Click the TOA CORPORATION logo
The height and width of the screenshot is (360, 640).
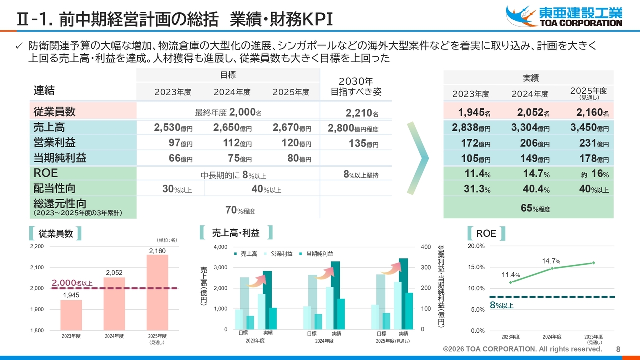pyautogui.click(x=564, y=16)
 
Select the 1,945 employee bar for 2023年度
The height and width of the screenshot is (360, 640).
pyautogui.click(x=71, y=315)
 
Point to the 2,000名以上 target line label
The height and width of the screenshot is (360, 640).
pyautogui.click(x=72, y=283)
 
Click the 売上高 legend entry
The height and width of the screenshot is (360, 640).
pyautogui.click(x=246, y=254)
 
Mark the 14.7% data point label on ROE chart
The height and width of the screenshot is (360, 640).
pyautogui.click(x=551, y=261)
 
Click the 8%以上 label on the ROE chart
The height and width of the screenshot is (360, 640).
pyautogui.click(x=501, y=305)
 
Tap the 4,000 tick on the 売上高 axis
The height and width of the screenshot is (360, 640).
pyautogui.click(x=220, y=247)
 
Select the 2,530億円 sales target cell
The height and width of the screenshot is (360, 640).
pyautogui.click(x=173, y=128)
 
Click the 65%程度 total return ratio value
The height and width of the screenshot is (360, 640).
pyautogui.click(x=535, y=209)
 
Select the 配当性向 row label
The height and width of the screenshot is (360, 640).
pyautogui.click(x=55, y=188)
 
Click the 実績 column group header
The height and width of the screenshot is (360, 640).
pyautogui.click(x=530, y=78)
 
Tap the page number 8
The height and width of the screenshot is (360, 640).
pyautogui.click(x=618, y=349)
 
